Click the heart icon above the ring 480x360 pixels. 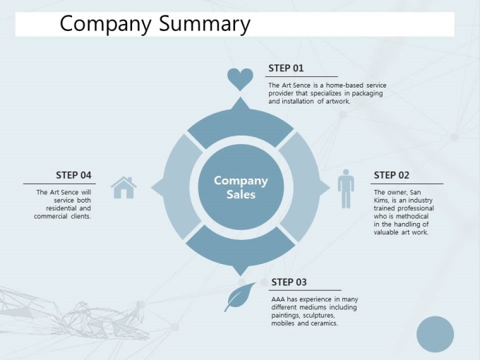[240, 79]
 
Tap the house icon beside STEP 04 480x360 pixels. [124, 187]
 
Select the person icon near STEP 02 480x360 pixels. [346, 189]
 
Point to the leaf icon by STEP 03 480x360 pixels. [240, 296]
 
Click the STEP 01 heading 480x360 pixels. [286, 68]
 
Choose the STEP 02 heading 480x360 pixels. [392, 175]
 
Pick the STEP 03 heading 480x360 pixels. [289, 282]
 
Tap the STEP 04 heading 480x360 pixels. [73, 175]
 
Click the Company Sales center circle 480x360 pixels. [241, 187]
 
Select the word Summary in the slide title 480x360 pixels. [205, 24]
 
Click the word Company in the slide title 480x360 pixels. [106, 24]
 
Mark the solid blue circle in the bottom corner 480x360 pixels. [435, 335]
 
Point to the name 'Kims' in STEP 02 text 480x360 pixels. [380, 200]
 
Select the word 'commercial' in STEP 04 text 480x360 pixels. [51, 216]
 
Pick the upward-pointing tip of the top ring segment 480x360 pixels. [241, 97]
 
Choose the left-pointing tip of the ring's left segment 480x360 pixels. [152, 187]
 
